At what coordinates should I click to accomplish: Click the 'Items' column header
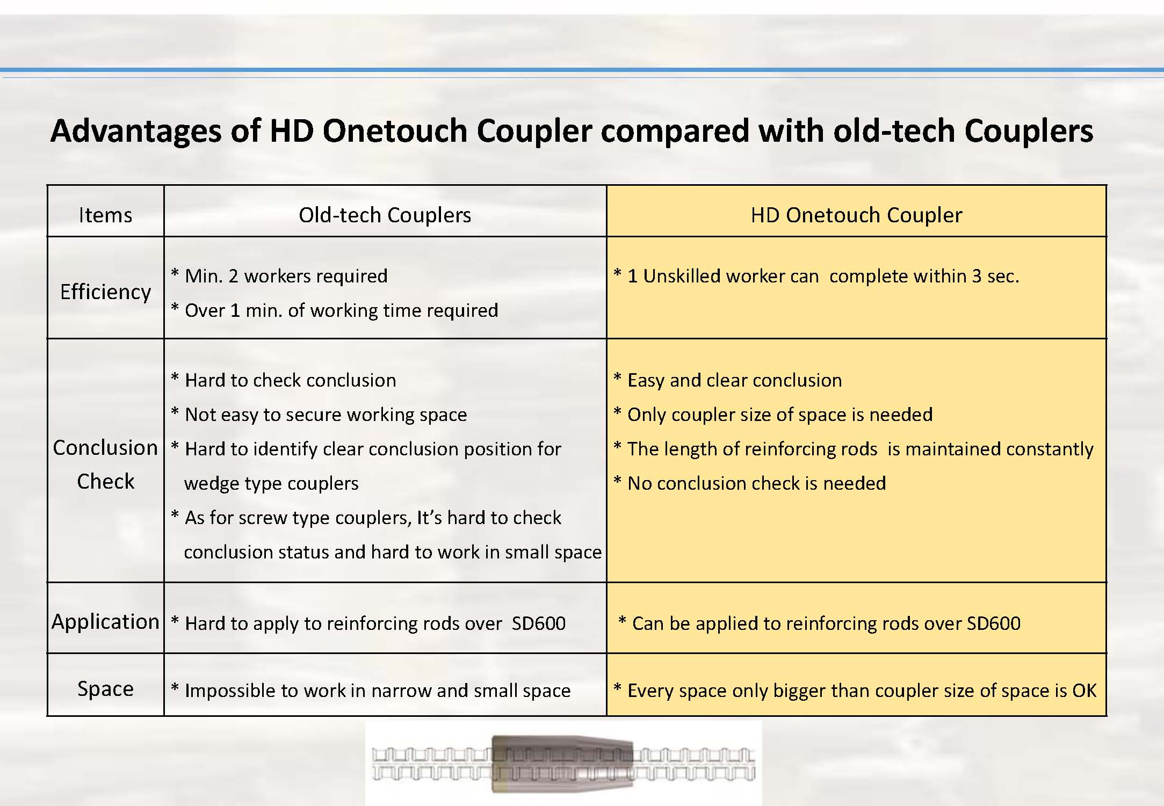pyautogui.click(x=105, y=215)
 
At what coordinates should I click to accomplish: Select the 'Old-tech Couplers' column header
pyautogui.click(x=385, y=215)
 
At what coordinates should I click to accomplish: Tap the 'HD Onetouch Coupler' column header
pyautogui.click(x=856, y=215)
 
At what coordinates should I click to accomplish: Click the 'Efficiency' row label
pyautogui.click(x=105, y=292)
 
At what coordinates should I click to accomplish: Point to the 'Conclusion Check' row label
pyautogui.click(x=105, y=464)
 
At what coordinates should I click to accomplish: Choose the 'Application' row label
pyautogui.click(x=105, y=621)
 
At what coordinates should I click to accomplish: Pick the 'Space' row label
pyautogui.click(x=105, y=688)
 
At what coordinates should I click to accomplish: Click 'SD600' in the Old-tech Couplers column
pyautogui.click(x=539, y=623)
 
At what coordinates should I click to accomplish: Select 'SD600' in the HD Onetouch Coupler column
pyautogui.click(x=993, y=623)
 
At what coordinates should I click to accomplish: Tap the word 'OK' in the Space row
pyautogui.click(x=1085, y=691)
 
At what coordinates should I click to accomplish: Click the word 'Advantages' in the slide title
pyautogui.click(x=136, y=130)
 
